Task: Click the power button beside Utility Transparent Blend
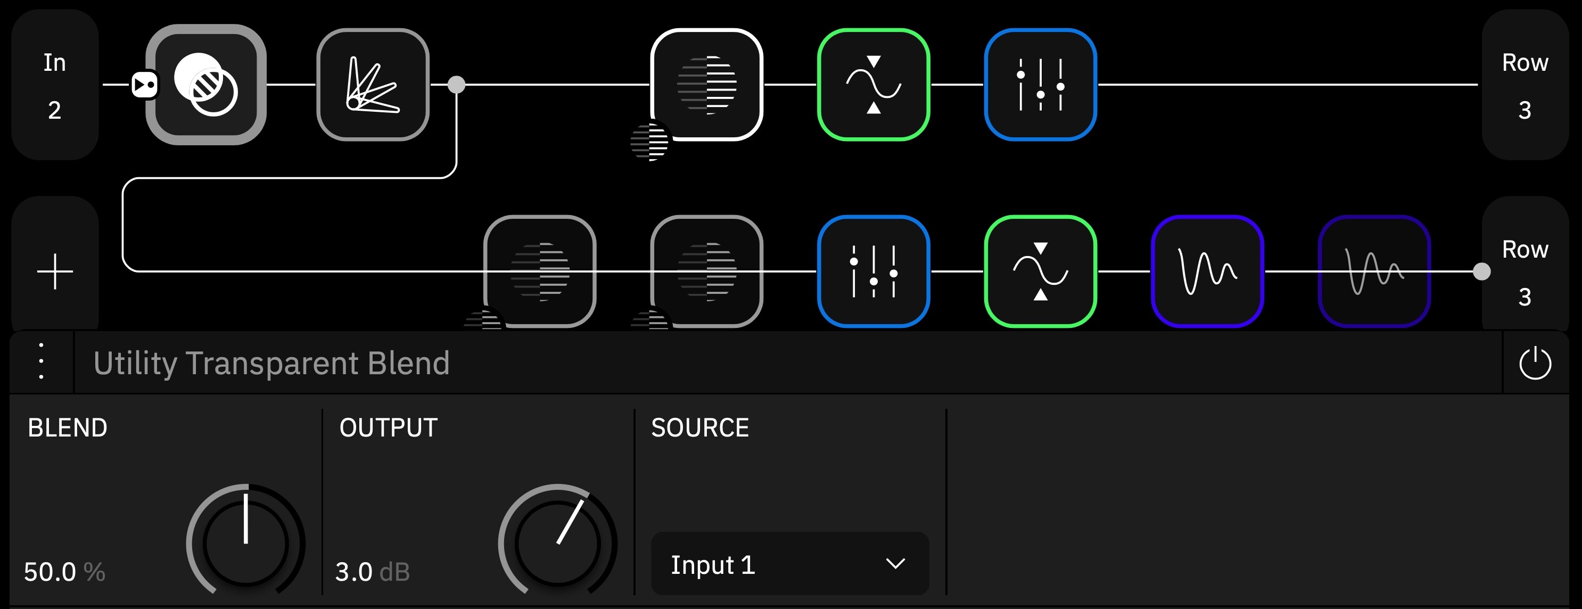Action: (1535, 363)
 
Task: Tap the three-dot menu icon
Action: (41, 361)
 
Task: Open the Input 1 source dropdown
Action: (790, 564)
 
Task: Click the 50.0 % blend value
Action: (64, 572)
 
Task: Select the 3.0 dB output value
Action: (372, 572)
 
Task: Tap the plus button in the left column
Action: (55, 271)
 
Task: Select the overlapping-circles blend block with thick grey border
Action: (205, 85)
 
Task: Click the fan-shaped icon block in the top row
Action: (373, 85)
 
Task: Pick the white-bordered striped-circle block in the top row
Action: (707, 85)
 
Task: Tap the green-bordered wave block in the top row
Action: (874, 85)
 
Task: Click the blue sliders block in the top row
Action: (1040, 85)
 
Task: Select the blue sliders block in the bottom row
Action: (874, 271)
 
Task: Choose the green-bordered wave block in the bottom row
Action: (1040, 271)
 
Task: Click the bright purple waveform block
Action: (1207, 271)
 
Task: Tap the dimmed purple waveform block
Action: (1374, 271)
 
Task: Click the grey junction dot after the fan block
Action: (456, 85)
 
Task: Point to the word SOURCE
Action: (700, 427)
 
